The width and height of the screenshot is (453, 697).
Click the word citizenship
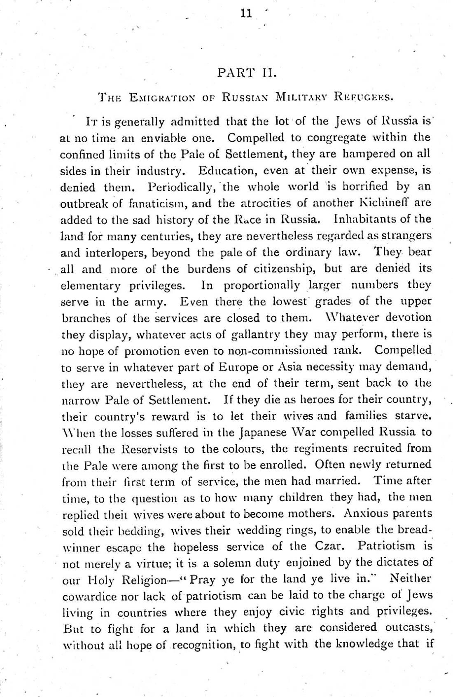(x=278, y=268)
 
